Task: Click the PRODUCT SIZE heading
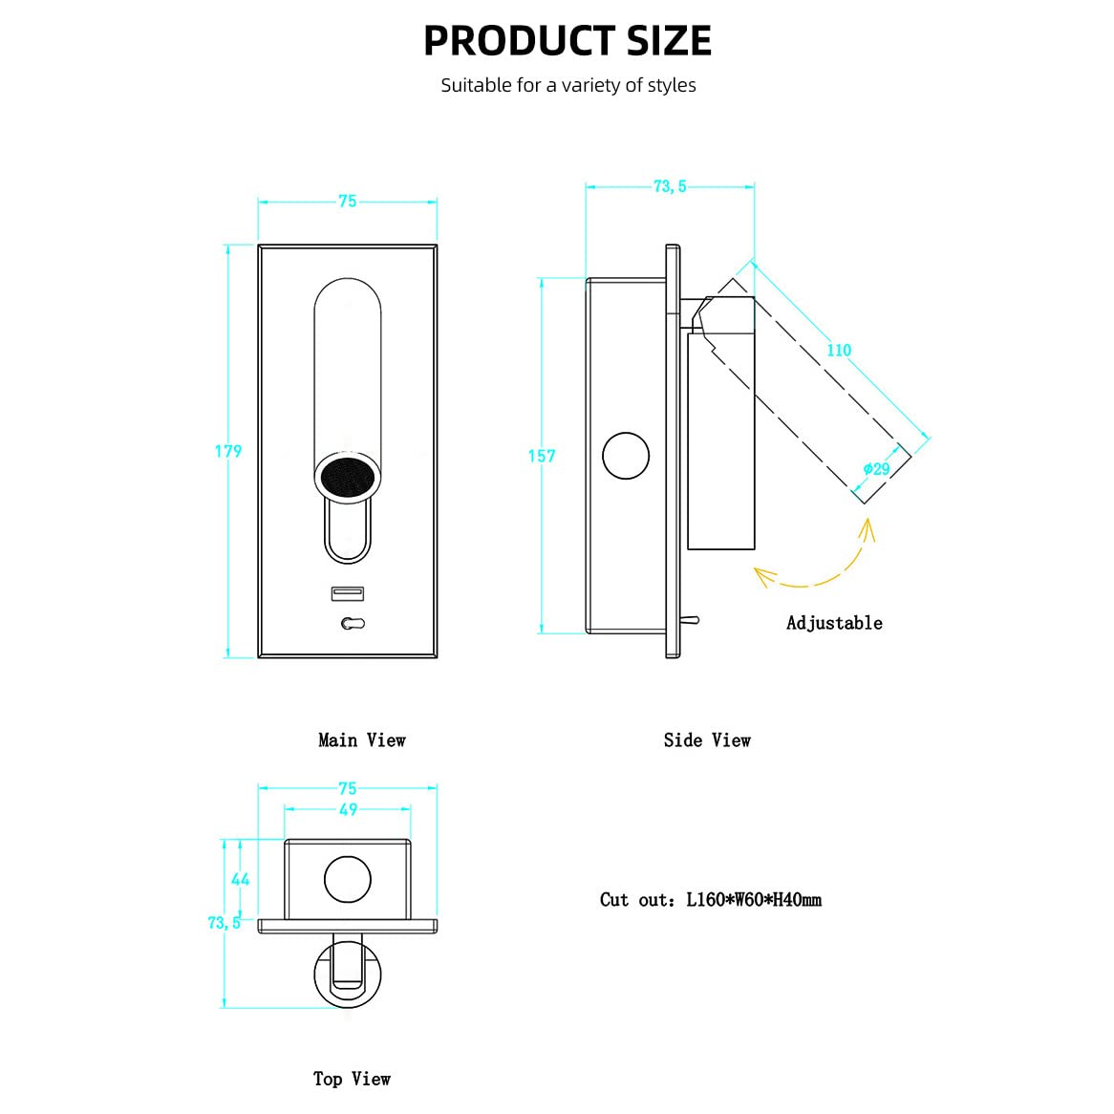pyautogui.click(x=567, y=40)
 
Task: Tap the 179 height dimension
pyautogui.click(x=228, y=451)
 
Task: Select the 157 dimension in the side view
pyautogui.click(x=542, y=456)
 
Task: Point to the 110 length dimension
pyautogui.click(x=839, y=351)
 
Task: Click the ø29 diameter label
pyautogui.click(x=877, y=469)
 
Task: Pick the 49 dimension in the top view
pyautogui.click(x=348, y=810)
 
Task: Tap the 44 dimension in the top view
pyautogui.click(x=240, y=880)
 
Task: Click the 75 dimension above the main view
pyautogui.click(x=348, y=201)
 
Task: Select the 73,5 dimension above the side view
pyautogui.click(x=670, y=186)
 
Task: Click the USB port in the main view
pyautogui.click(x=348, y=593)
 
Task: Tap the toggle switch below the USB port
pyautogui.click(x=353, y=624)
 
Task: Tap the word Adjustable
pyautogui.click(x=835, y=623)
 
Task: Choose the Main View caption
pyautogui.click(x=362, y=740)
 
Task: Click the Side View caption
pyautogui.click(x=707, y=740)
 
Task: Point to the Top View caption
pyautogui.click(x=352, y=1080)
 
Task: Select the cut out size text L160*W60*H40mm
pyautogui.click(x=754, y=900)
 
